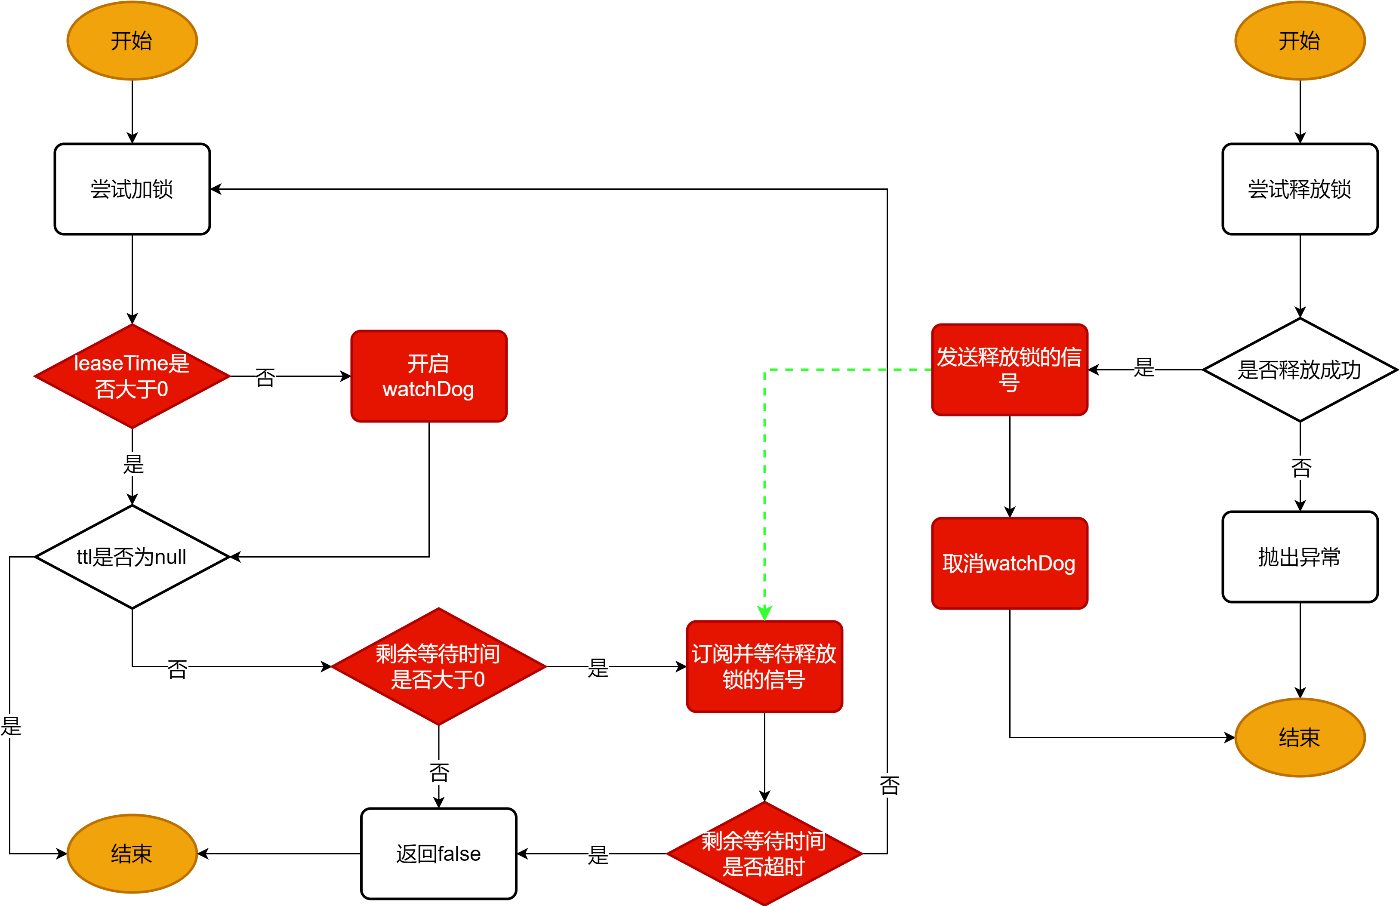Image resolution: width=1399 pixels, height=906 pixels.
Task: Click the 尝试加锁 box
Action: tap(132, 189)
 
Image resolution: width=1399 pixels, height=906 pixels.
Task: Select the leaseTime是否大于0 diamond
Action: tap(132, 376)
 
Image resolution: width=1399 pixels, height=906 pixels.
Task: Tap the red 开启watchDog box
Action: tap(428, 376)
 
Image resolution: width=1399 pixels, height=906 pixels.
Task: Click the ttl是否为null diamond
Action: tap(132, 557)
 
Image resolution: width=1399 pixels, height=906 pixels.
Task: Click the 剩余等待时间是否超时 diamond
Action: tap(764, 853)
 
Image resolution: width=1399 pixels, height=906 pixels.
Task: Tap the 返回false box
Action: tap(438, 853)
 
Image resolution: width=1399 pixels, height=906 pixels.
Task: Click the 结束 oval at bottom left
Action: tap(132, 853)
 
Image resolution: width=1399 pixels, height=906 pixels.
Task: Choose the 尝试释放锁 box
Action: tap(1300, 189)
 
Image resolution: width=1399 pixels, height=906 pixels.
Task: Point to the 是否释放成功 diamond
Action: tap(1300, 370)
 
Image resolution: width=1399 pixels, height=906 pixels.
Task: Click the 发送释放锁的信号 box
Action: tap(1009, 370)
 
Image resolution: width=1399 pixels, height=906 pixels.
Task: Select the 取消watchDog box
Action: tap(1009, 563)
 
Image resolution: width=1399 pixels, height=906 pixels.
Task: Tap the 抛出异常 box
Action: tap(1300, 557)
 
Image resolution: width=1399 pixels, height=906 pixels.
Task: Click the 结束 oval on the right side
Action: tap(1300, 737)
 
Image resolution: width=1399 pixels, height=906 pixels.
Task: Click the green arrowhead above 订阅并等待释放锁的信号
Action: tap(764, 613)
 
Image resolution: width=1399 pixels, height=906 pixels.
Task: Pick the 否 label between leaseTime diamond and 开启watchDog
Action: tap(265, 377)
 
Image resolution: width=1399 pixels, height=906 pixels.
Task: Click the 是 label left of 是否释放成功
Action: tap(1144, 368)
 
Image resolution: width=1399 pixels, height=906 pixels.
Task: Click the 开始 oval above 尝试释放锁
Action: tap(1300, 40)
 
